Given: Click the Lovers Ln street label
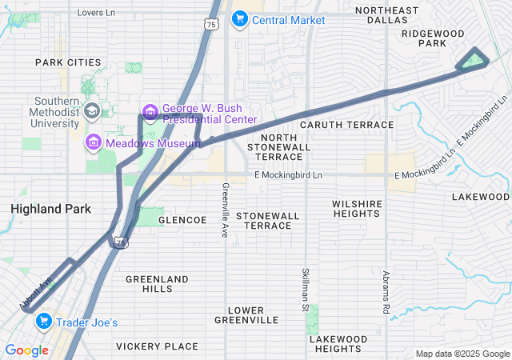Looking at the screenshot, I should tap(96, 13).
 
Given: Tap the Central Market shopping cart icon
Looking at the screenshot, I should tap(239, 19).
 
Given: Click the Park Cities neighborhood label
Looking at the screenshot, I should tap(68, 62).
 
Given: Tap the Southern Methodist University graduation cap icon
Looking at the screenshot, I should tap(93, 111).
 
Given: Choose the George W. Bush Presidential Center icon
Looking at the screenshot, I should tap(150, 110).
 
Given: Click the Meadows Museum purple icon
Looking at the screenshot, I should tap(94, 142).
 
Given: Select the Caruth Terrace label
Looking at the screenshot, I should tap(346, 125).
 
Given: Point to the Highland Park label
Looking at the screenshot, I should tap(50, 209).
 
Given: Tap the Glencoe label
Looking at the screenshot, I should tap(182, 220).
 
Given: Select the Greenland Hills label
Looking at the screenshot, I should tap(157, 284).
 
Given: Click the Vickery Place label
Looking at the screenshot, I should tap(157, 346).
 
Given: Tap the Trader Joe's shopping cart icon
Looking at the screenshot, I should tap(43, 322).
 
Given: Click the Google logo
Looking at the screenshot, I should tap(26, 350).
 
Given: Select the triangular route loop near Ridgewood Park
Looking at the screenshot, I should tap(473, 61).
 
